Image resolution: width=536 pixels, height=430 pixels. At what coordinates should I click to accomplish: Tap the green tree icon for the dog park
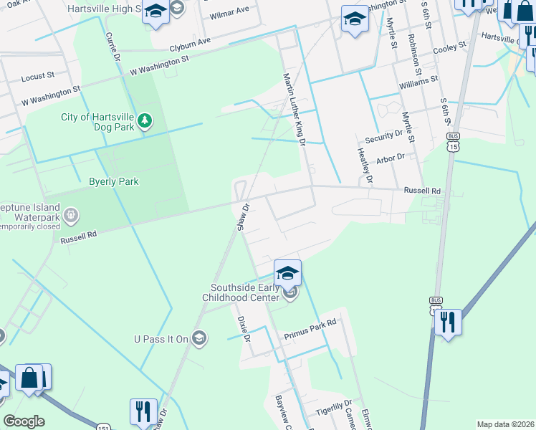click(x=145, y=120)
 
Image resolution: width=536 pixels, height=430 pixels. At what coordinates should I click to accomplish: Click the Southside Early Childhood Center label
click(x=243, y=292)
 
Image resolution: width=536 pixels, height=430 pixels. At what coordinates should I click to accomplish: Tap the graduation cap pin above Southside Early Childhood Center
click(x=287, y=273)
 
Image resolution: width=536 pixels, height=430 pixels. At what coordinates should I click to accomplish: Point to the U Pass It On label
click(x=161, y=338)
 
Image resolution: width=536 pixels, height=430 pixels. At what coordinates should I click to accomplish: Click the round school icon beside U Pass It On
click(x=198, y=338)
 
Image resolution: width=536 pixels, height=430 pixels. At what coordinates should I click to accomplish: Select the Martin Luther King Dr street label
click(x=295, y=110)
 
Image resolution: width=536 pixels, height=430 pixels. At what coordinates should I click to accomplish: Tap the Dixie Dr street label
click(x=244, y=327)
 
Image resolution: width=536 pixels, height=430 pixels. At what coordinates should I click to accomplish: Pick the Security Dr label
click(x=384, y=135)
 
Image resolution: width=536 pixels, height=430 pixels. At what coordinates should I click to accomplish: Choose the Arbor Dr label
click(x=391, y=156)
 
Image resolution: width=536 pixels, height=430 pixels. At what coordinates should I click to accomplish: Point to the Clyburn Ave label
click(x=190, y=44)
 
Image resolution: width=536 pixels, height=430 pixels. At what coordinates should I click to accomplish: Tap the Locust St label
click(x=38, y=75)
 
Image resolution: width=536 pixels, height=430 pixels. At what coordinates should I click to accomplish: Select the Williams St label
click(x=419, y=82)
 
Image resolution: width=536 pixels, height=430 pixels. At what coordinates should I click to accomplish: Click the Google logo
click(x=24, y=421)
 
